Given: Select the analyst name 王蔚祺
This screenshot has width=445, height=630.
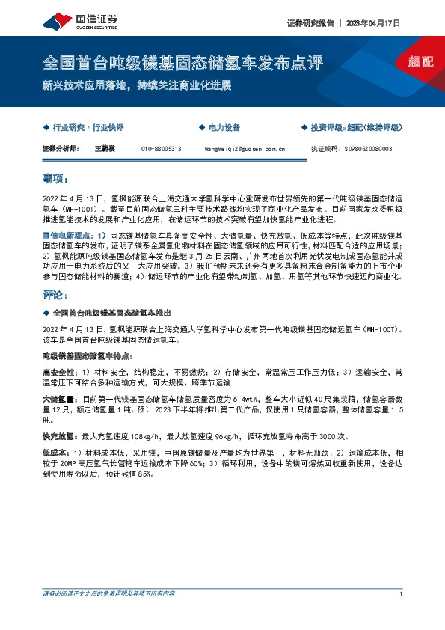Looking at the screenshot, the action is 104,149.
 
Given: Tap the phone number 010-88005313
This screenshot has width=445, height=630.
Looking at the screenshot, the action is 161,149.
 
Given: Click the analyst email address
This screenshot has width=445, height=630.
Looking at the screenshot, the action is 245,149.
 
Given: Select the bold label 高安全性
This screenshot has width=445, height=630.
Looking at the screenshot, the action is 59,372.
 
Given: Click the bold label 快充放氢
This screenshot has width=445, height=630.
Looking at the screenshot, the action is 59,436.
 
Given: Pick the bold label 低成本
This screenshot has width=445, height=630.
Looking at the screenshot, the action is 56,454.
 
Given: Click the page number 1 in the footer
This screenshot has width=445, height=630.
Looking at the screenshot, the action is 402,616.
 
